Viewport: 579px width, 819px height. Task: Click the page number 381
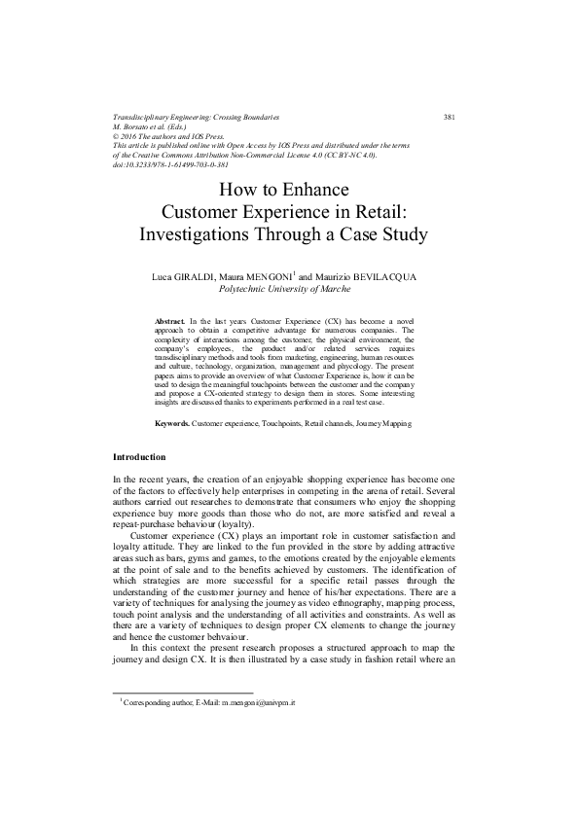tap(450, 117)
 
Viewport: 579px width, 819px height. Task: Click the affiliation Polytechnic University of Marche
tap(288, 289)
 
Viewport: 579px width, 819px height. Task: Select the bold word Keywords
tap(172, 424)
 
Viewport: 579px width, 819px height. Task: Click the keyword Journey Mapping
tap(383, 424)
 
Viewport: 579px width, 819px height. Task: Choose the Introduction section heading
tap(139, 457)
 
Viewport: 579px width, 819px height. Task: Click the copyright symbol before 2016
tap(117, 136)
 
